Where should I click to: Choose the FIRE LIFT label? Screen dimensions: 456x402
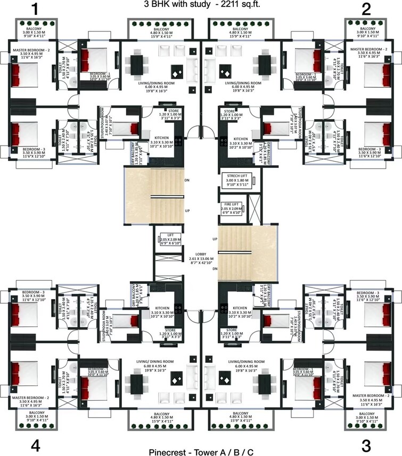(x=231, y=205)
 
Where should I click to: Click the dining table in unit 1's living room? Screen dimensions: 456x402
(x=138, y=66)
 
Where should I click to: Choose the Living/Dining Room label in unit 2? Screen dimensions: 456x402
(x=243, y=83)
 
